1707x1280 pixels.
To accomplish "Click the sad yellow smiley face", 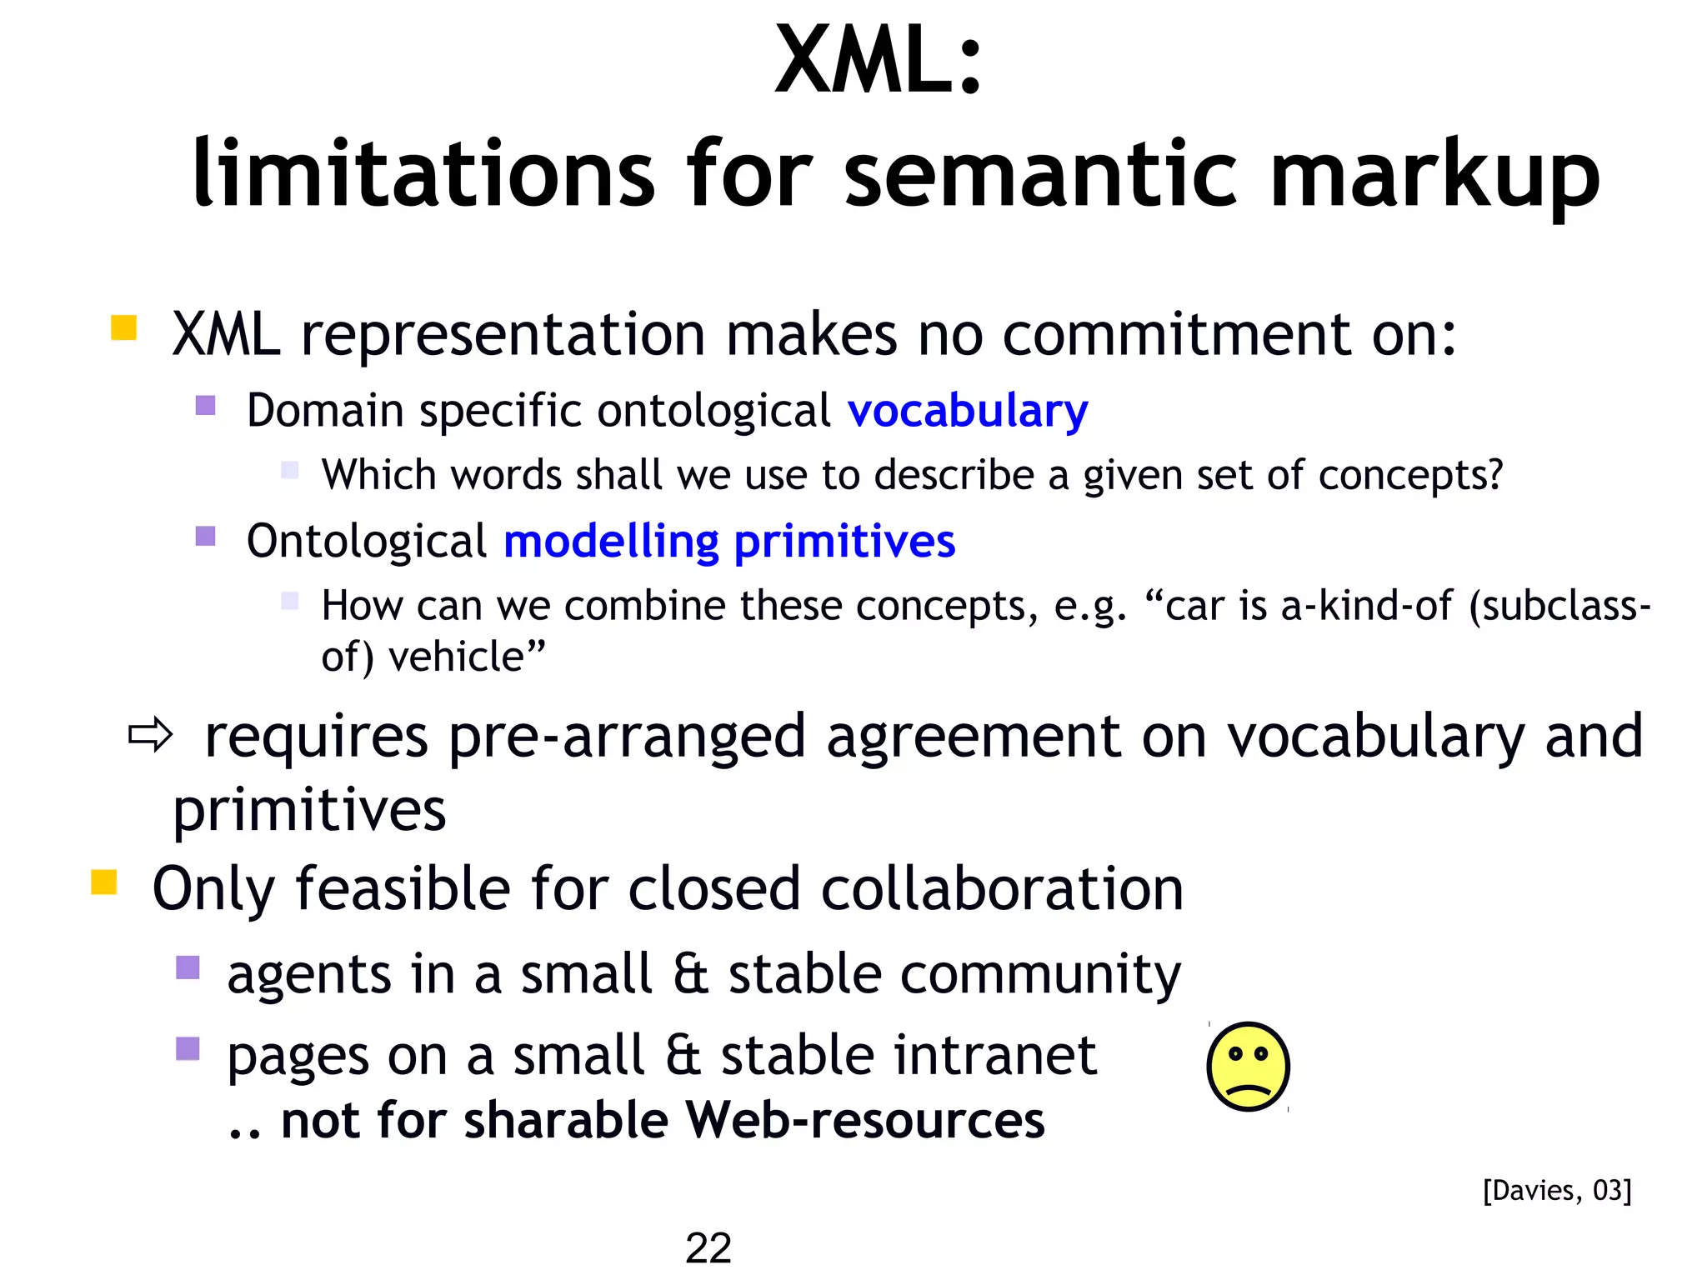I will click(x=1248, y=1067).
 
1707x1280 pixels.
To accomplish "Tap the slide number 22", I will click(x=708, y=1247).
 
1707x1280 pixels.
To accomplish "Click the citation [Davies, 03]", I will click(x=1556, y=1190).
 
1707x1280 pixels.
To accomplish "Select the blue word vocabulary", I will click(x=967, y=411).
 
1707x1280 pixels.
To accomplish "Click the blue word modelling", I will click(x=611, y=542).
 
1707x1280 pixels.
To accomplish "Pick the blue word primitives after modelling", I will click(x=843, y=542).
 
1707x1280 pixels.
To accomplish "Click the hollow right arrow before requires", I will click(x=150, y=735).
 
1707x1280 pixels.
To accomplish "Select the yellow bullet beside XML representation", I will click(x=123, y=327).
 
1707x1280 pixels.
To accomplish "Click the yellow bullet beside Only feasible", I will click(x=103, y=881).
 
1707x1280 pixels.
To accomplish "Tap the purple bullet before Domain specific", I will click(x=205, y=405).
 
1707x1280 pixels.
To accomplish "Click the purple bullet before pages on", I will click(x=188, y=1047).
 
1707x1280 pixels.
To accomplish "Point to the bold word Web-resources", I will click(x=864, y=1120).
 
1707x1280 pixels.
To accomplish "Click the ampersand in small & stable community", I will click(x=691, y=974).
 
